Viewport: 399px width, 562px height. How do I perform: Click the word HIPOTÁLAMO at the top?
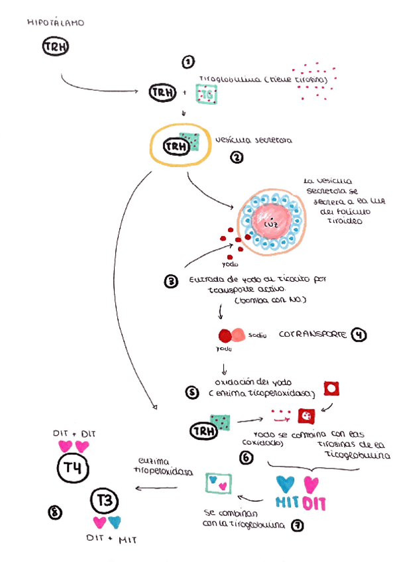click(56, 23)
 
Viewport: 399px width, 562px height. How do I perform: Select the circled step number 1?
click(188, 62)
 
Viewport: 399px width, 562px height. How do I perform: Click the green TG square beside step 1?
click(206, 95)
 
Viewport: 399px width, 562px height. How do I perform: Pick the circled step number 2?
click(235, 158)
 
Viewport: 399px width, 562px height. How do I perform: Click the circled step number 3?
click(170, 281)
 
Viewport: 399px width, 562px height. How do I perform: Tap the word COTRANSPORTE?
click(312, 334)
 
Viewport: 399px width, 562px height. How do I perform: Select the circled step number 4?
click(359, 334)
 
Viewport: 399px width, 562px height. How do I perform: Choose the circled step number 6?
click(246, 457)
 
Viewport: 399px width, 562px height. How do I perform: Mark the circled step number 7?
click(298, 525)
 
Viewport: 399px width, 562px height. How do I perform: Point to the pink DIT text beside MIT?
click(314, 503)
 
